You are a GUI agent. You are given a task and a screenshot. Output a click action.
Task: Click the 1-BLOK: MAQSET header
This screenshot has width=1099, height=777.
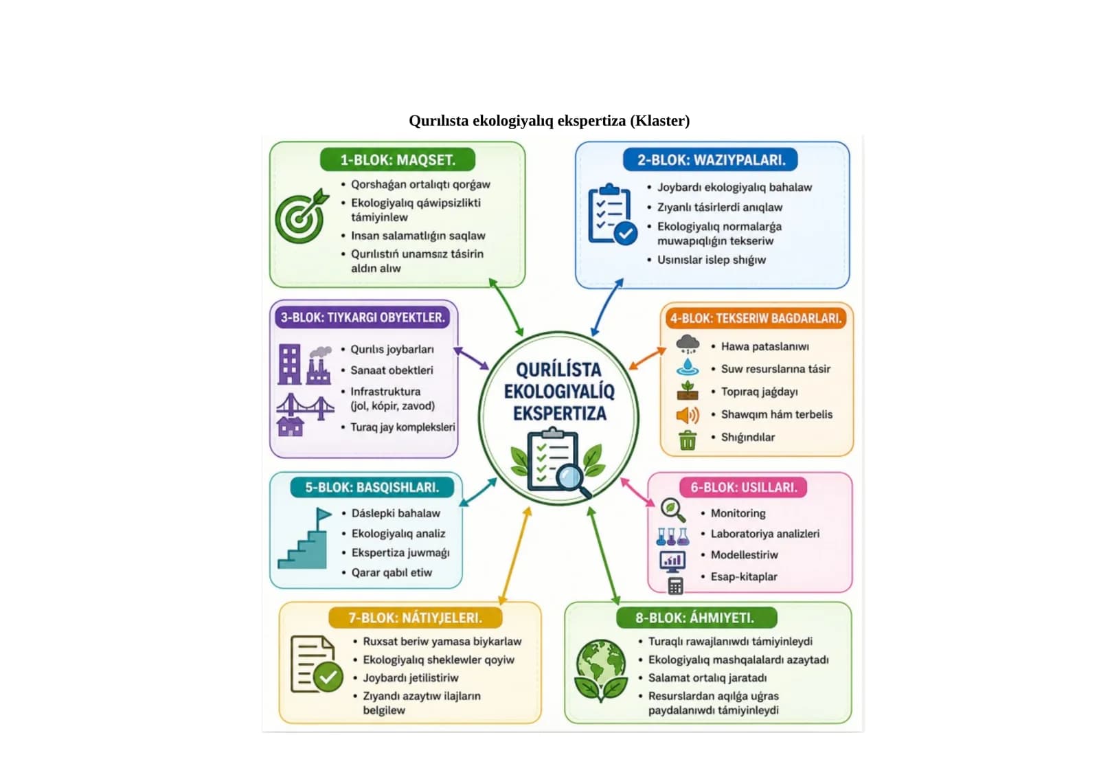[x=398, y=159]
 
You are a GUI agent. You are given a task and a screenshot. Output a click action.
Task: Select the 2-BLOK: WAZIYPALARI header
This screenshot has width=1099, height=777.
[x=710, y=159]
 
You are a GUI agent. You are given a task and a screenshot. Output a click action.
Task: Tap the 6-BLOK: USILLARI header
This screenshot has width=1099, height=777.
[x=743, y=487]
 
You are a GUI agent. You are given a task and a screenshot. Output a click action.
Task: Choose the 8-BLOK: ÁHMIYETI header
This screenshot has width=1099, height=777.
[x=696, y=618]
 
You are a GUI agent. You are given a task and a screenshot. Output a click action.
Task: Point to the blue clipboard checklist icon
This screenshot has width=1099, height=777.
[x=612, y=214]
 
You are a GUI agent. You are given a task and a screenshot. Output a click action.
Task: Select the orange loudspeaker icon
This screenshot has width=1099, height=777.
[x=688, y=415]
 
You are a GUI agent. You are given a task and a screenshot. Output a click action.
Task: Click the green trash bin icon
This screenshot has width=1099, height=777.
[x=688, y=440]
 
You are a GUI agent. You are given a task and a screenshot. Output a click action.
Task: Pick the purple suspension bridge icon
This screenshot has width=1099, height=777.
[x=305, y=407]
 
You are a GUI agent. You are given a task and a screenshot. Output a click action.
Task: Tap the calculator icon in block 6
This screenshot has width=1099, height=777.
[x=676, y=586]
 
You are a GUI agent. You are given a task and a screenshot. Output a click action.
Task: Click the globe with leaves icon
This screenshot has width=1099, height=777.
[x=601, y=671]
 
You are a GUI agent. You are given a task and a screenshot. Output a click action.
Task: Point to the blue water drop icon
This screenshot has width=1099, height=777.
[x=688, y=367]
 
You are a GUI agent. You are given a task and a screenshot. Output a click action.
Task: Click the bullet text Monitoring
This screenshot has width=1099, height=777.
[x=738, y=513]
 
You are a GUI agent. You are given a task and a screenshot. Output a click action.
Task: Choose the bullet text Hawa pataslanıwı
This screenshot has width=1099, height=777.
[x=765, y=346]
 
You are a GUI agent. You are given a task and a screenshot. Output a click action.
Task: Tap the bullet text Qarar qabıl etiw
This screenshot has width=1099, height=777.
[x=392, y=573]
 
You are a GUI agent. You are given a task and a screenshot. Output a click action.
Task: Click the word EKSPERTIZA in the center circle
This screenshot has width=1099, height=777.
[x=560, y=414]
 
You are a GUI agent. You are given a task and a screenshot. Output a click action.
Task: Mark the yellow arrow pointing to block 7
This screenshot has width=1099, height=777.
[x=514, y=556]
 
